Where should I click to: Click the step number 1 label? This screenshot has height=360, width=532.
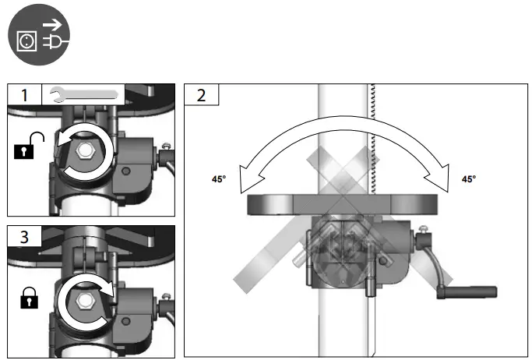point(24,95)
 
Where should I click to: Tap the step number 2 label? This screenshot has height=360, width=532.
point(201,95)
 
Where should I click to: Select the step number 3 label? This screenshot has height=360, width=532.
point(24,237)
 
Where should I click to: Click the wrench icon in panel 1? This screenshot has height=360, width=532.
point(83,94)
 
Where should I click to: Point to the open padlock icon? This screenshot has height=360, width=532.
point(29,146)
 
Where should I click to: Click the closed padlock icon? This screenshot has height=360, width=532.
point(29,298)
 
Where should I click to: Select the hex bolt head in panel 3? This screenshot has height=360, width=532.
point(83,301)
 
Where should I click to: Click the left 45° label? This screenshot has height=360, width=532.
point(219,178)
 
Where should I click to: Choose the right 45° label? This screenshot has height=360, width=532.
point(469,178)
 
